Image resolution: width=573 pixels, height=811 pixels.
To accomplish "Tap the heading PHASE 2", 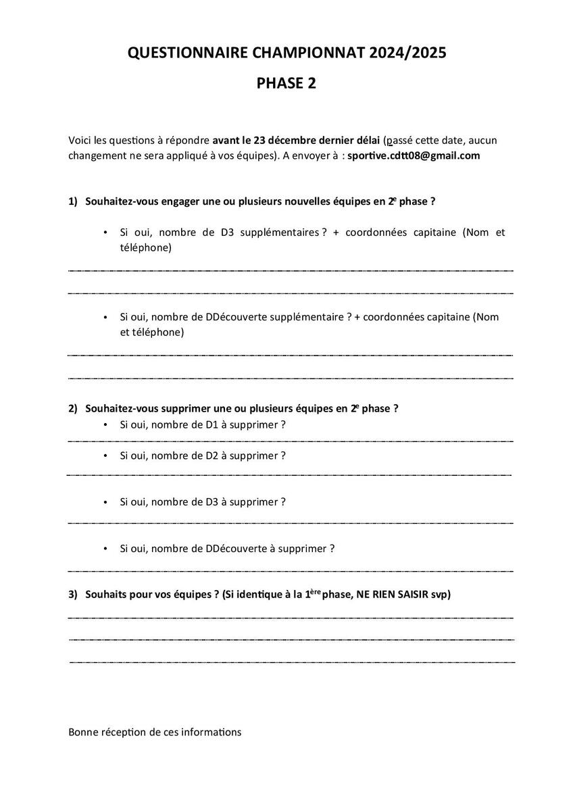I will (286, 83).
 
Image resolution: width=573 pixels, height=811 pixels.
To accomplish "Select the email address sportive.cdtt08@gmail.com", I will (414, 155).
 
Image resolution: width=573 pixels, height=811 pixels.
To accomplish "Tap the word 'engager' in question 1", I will (178, 201).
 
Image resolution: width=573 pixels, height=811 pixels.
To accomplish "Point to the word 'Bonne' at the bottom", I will (82, 732).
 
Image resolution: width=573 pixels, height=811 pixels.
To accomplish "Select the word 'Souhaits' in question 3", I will (106, 594).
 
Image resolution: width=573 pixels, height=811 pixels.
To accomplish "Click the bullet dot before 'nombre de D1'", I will (105, 425).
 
